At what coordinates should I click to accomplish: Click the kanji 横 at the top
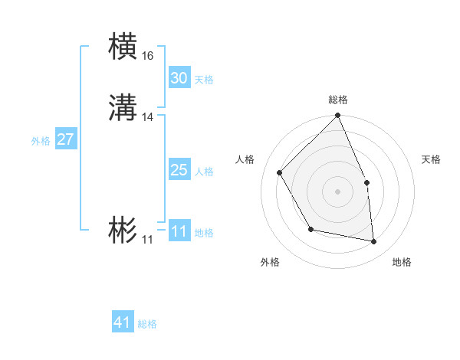[x=123, y=46]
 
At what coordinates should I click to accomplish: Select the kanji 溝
[x=123, y=108]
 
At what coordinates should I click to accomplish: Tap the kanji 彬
[x=123, y=231]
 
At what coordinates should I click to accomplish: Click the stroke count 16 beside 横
[x=148, y=56]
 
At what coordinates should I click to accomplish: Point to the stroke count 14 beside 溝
[x=148, y=117]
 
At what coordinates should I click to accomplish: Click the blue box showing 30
[x=179, y=78]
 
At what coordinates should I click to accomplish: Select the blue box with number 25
[x=179, y=170]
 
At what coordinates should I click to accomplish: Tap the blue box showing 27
[x=65, y=139]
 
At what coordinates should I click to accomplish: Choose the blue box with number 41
[x=123, y=322]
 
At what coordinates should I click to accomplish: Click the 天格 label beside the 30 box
[x=204, y=80]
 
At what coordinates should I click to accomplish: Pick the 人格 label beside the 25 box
[x=204, y=172]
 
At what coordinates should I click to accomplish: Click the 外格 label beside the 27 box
[x=41, y=141]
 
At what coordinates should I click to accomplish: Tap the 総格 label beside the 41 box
[x=147, y=324]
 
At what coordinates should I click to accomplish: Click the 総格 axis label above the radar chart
[x=338, y=100]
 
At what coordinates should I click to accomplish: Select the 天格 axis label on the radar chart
[x=431, y=159]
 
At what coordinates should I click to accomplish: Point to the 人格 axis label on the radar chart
[x=245, y=159]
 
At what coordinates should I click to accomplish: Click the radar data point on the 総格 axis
[x=338, y=116]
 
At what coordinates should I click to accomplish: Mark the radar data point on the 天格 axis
[x=366, y=182]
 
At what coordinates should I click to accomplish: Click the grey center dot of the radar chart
[x=338, y=191]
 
